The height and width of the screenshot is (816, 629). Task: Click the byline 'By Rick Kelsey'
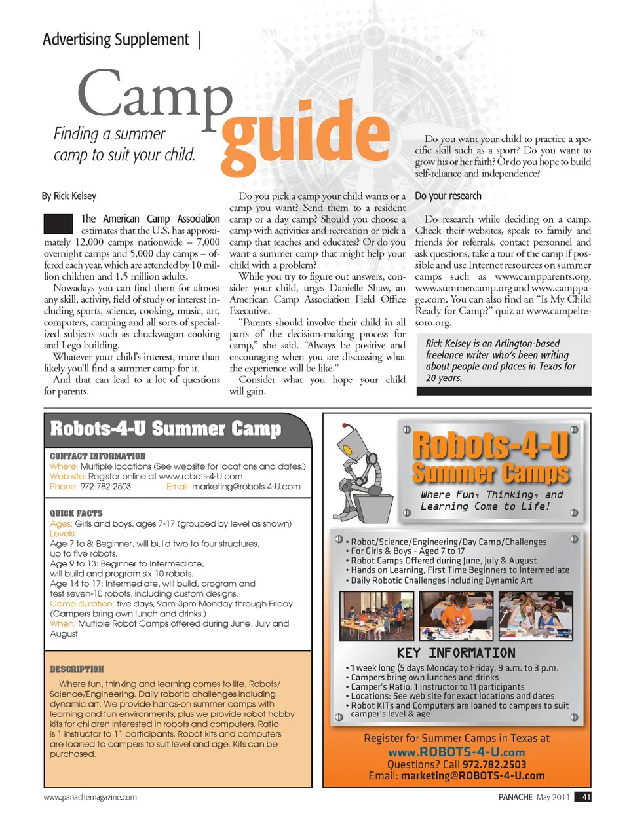tap(69, 196)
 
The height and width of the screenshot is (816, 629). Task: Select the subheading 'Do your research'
tap(448, 196)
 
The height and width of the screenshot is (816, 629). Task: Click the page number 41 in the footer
tap(586, 797)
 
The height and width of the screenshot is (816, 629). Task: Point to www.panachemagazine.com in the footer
tap(90, 797)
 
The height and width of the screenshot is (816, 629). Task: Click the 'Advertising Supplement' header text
tap(116, 40)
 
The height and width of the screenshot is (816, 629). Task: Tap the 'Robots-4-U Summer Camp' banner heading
tap(166, 429)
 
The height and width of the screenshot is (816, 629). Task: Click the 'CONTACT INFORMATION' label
tap(98, 456)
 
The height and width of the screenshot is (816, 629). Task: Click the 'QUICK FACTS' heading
tap(76, 513)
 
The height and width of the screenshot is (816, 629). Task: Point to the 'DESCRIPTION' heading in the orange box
tap(77, 669)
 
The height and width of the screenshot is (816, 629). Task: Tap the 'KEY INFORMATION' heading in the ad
tap(456, 653)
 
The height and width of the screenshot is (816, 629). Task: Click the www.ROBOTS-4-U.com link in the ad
tap(456, 752)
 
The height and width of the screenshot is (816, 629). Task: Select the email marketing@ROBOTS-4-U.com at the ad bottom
tap(472, 776)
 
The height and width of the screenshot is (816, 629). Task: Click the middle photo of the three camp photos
tap(456, 616)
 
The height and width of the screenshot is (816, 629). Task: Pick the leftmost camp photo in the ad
tap(377, 616)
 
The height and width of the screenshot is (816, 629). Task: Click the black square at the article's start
tap(58, 224)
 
